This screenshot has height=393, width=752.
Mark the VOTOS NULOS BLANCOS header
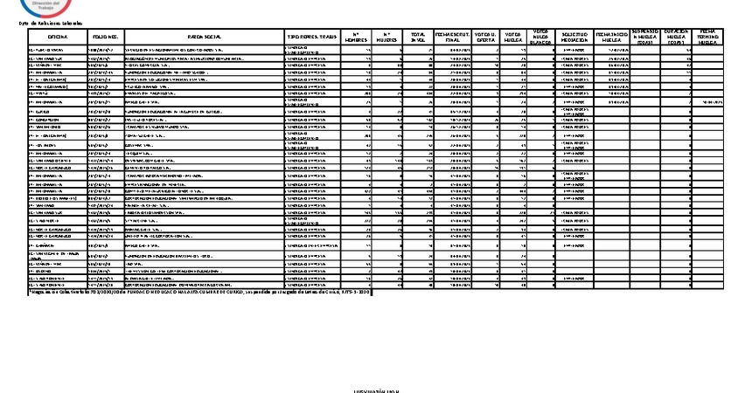[540, 36]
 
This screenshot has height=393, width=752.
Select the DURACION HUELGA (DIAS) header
[676, 36]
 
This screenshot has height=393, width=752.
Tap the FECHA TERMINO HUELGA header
[707, 36]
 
